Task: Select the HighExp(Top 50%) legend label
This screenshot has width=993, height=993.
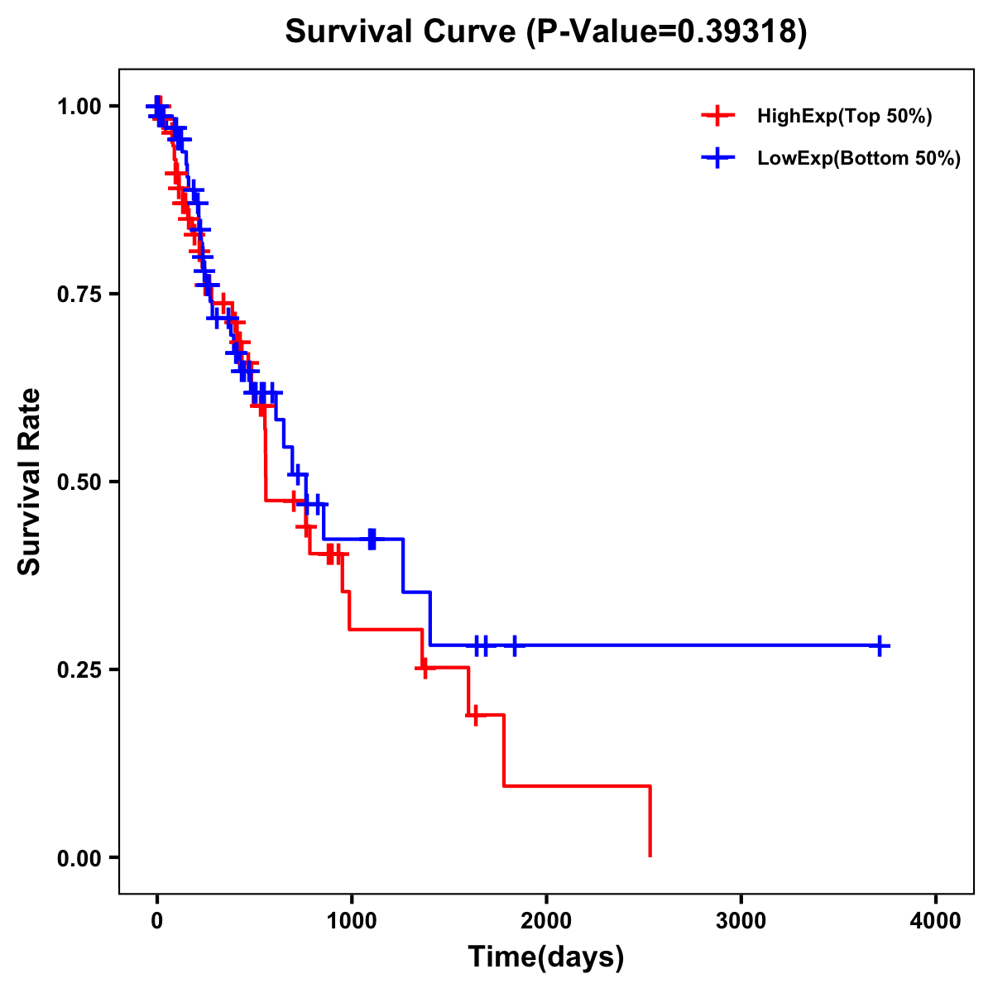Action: (x=844, y=117)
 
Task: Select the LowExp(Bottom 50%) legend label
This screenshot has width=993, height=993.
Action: (x=859, y=159)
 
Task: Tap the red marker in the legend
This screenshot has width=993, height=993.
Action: (x=717, y=116)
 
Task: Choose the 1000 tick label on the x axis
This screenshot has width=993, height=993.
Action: (x=352, y=920)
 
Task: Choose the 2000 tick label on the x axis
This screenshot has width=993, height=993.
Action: (x=546, y=920)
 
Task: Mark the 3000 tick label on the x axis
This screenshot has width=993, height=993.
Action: (x=741, y=920)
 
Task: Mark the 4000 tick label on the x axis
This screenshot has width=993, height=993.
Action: (x=936, y=920)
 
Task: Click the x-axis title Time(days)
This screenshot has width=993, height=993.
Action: (x=546, y=957)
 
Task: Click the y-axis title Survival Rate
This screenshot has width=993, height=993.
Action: (x=31, y=482)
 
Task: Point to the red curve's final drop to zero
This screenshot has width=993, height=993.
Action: (x=650, y=821)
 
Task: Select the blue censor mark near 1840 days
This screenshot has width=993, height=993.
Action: (x=515, y=645)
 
